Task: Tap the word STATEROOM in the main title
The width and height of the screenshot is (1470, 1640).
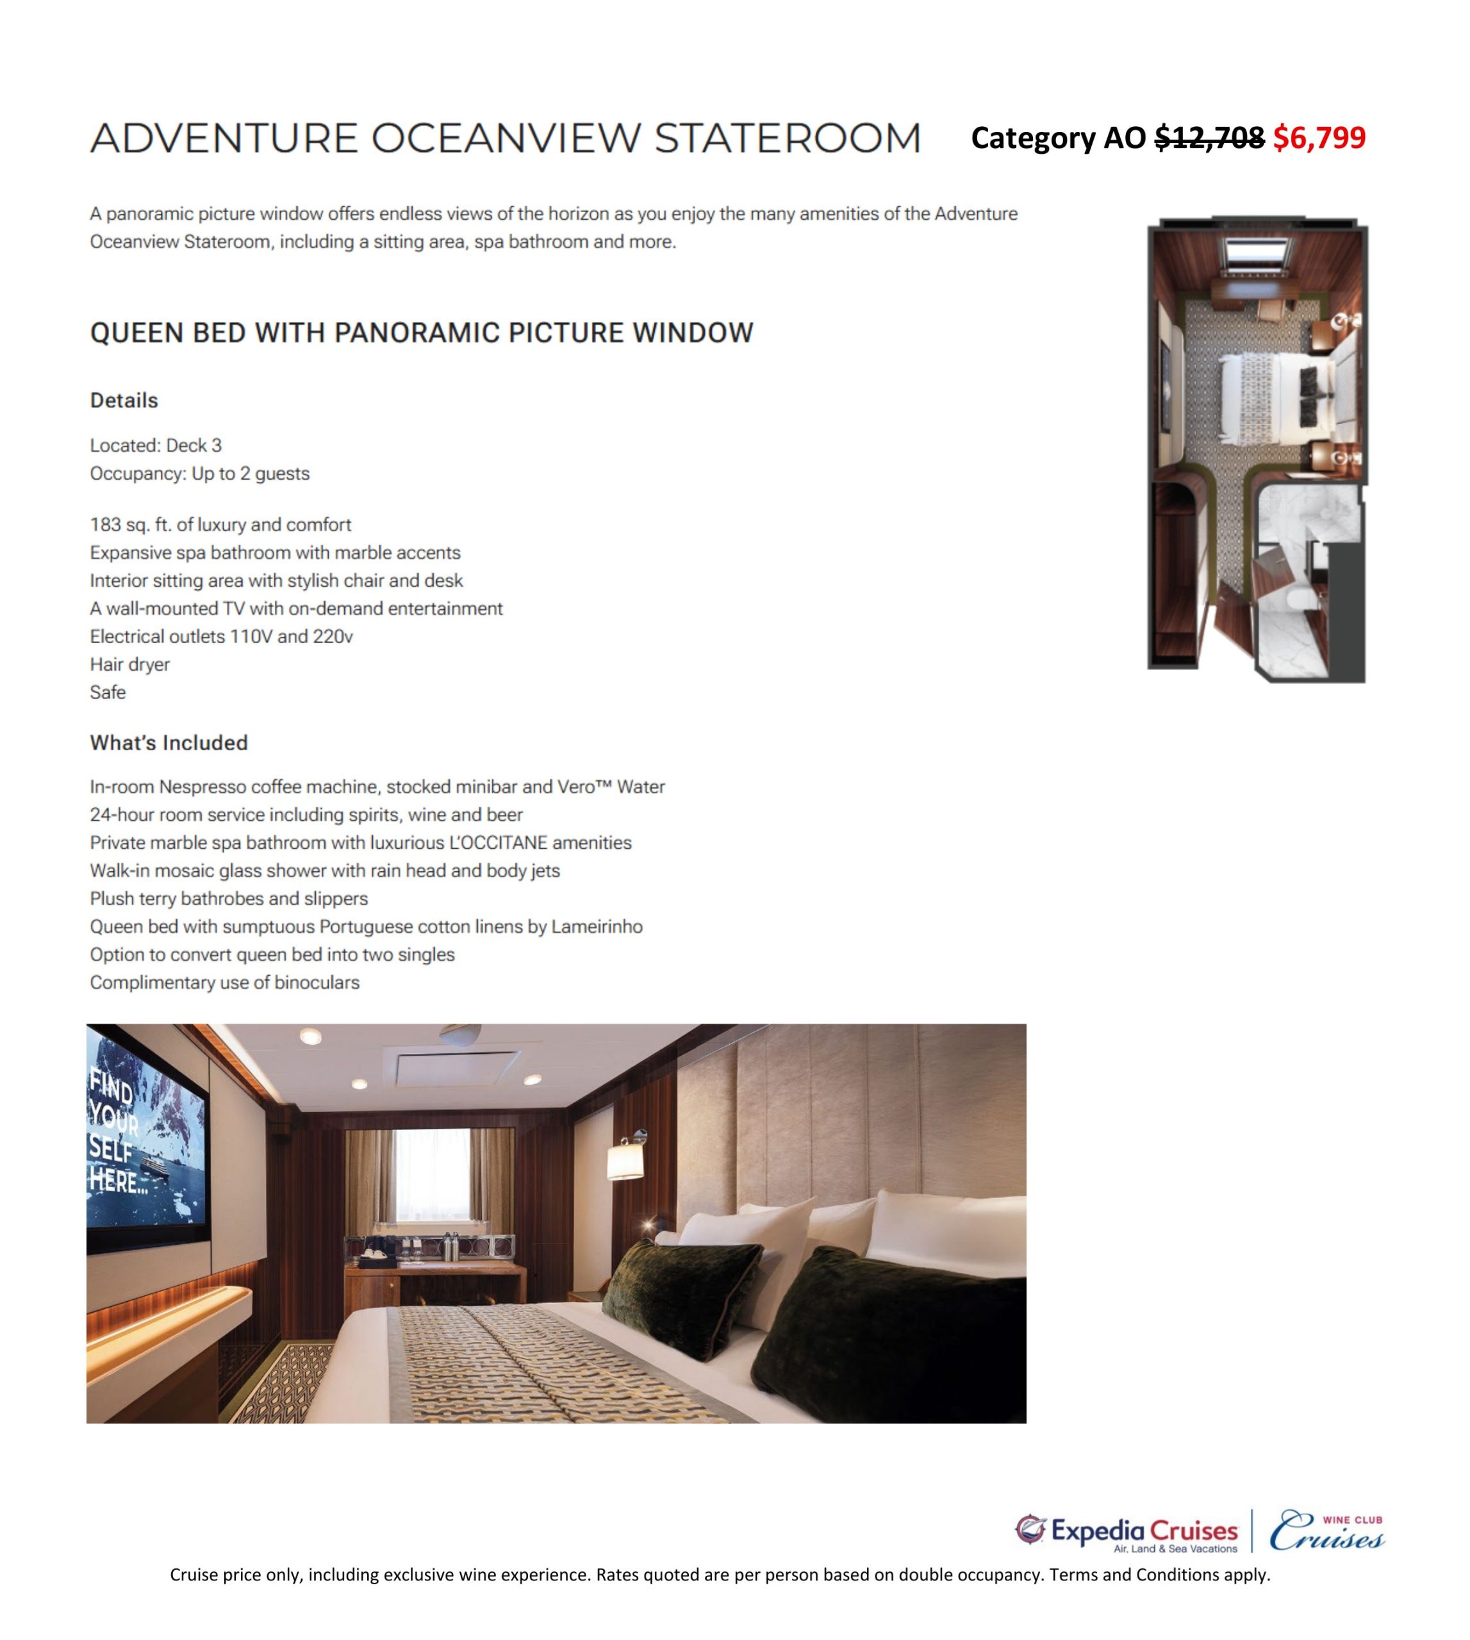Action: tap(788, 138)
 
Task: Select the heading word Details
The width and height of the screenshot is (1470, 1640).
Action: tap(124, 400)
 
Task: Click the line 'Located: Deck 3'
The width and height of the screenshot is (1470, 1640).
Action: tap(155, 445)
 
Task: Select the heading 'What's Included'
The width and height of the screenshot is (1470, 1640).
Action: tap(168, 743)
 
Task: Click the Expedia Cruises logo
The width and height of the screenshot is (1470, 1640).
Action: tap(1126, 1532)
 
